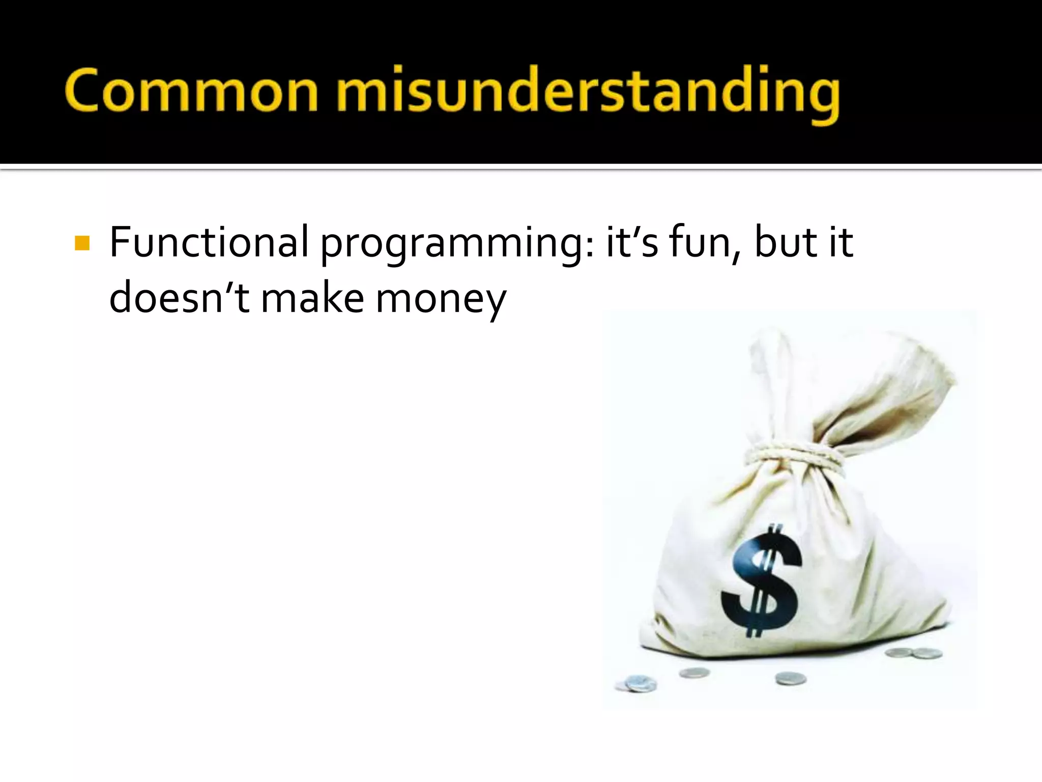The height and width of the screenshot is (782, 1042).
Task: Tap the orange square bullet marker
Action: pos(81,243)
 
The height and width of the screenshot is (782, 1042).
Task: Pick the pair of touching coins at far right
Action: pos(914,653)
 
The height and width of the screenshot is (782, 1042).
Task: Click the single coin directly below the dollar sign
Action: pos(790,678)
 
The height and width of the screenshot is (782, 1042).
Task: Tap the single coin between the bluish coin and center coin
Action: pos(694,673)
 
